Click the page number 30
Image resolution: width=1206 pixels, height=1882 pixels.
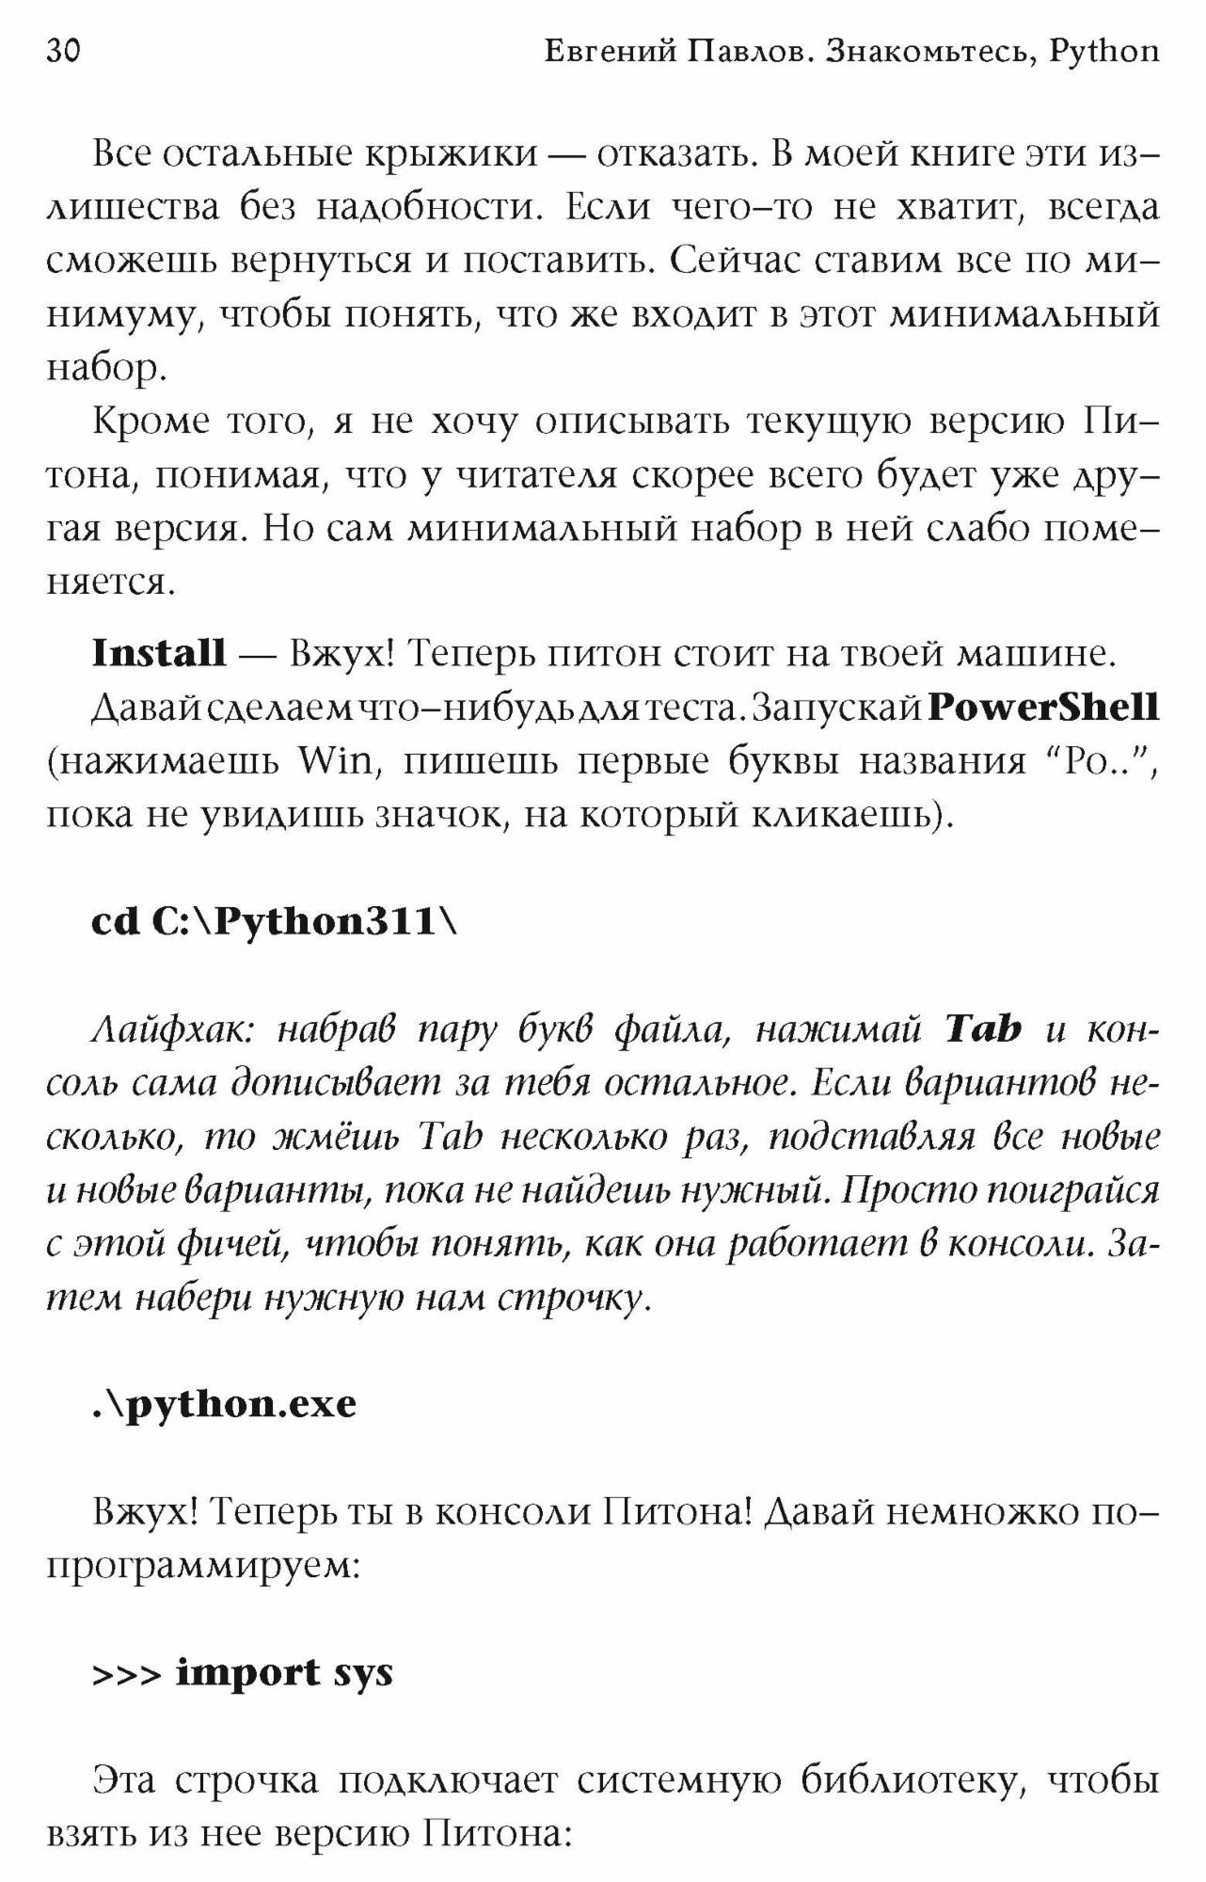pyautogui.click(x=64, y=52)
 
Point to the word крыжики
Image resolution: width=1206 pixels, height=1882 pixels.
pyautogui.click(x=450, y=153)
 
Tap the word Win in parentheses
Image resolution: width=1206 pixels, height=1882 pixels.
pyautogui.click(x=335, y=760)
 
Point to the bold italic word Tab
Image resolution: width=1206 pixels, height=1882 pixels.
pyautogui.click(x=983, y=1030)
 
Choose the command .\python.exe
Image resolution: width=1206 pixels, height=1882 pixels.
pyautogui.click(x=225, y=1405)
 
